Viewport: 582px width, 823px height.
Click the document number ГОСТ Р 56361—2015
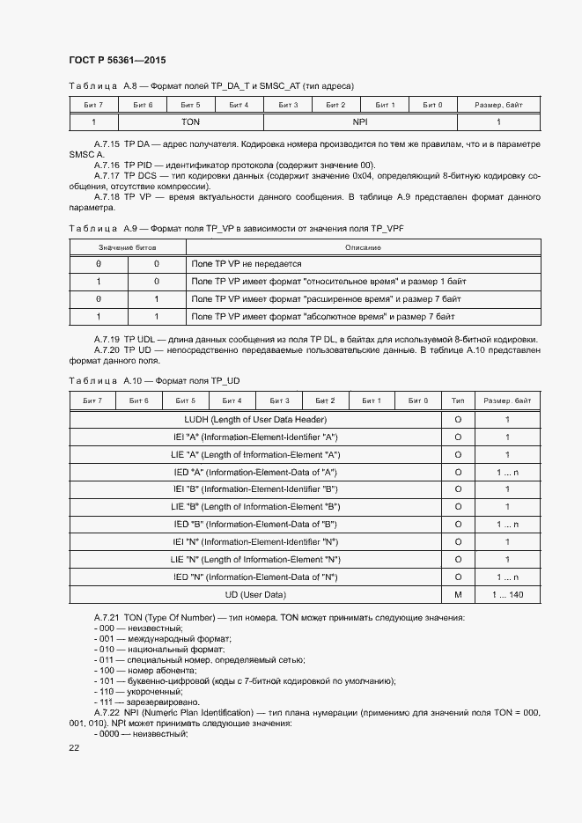[x=117, y=60]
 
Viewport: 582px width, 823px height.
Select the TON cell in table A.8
[x=191, y=122]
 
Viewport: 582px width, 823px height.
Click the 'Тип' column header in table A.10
[x=458, y=401]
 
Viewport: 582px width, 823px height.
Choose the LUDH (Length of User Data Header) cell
[x=255, y=420]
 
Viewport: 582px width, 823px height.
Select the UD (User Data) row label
[x=255, y=594]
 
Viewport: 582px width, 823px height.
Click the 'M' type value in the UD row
[x=458, y=594]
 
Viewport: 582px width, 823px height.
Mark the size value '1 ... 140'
[x=507, y=594]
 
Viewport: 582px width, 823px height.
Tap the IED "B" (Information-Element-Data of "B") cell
[x=255, y=525]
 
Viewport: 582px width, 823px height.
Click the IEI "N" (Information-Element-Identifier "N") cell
[x=255, y=542]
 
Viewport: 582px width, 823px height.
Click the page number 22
[x=74, y=747]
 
